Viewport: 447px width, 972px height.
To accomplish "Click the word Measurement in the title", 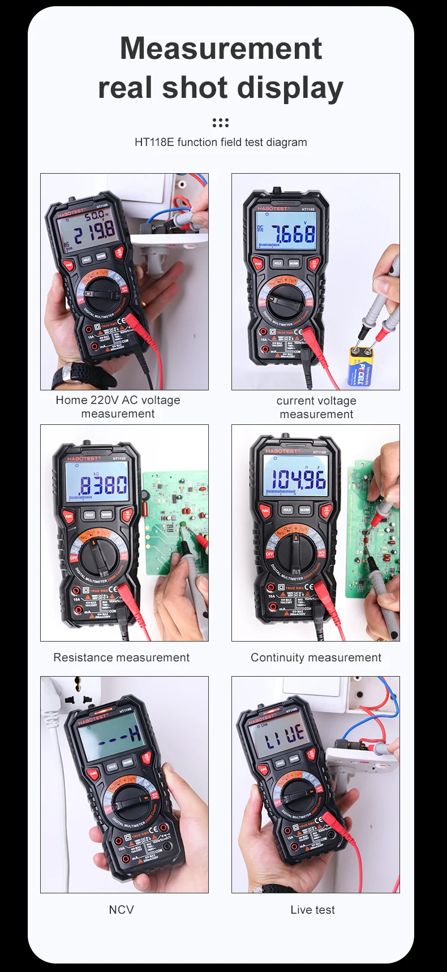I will [x=221, y=49].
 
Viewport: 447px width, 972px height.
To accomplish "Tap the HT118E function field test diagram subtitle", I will [x=221, y=142].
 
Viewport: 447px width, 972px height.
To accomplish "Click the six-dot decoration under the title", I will [x=221, y=123].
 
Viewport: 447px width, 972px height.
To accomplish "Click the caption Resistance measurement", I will [x=121, y=657].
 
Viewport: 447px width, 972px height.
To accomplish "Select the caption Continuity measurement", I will [x=316, y=657].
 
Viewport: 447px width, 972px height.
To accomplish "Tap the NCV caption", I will [x=121, y=910].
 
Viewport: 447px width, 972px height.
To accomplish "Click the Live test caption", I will [x=312, y=910].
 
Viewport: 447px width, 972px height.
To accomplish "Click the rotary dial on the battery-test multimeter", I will [x=286, y=300].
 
